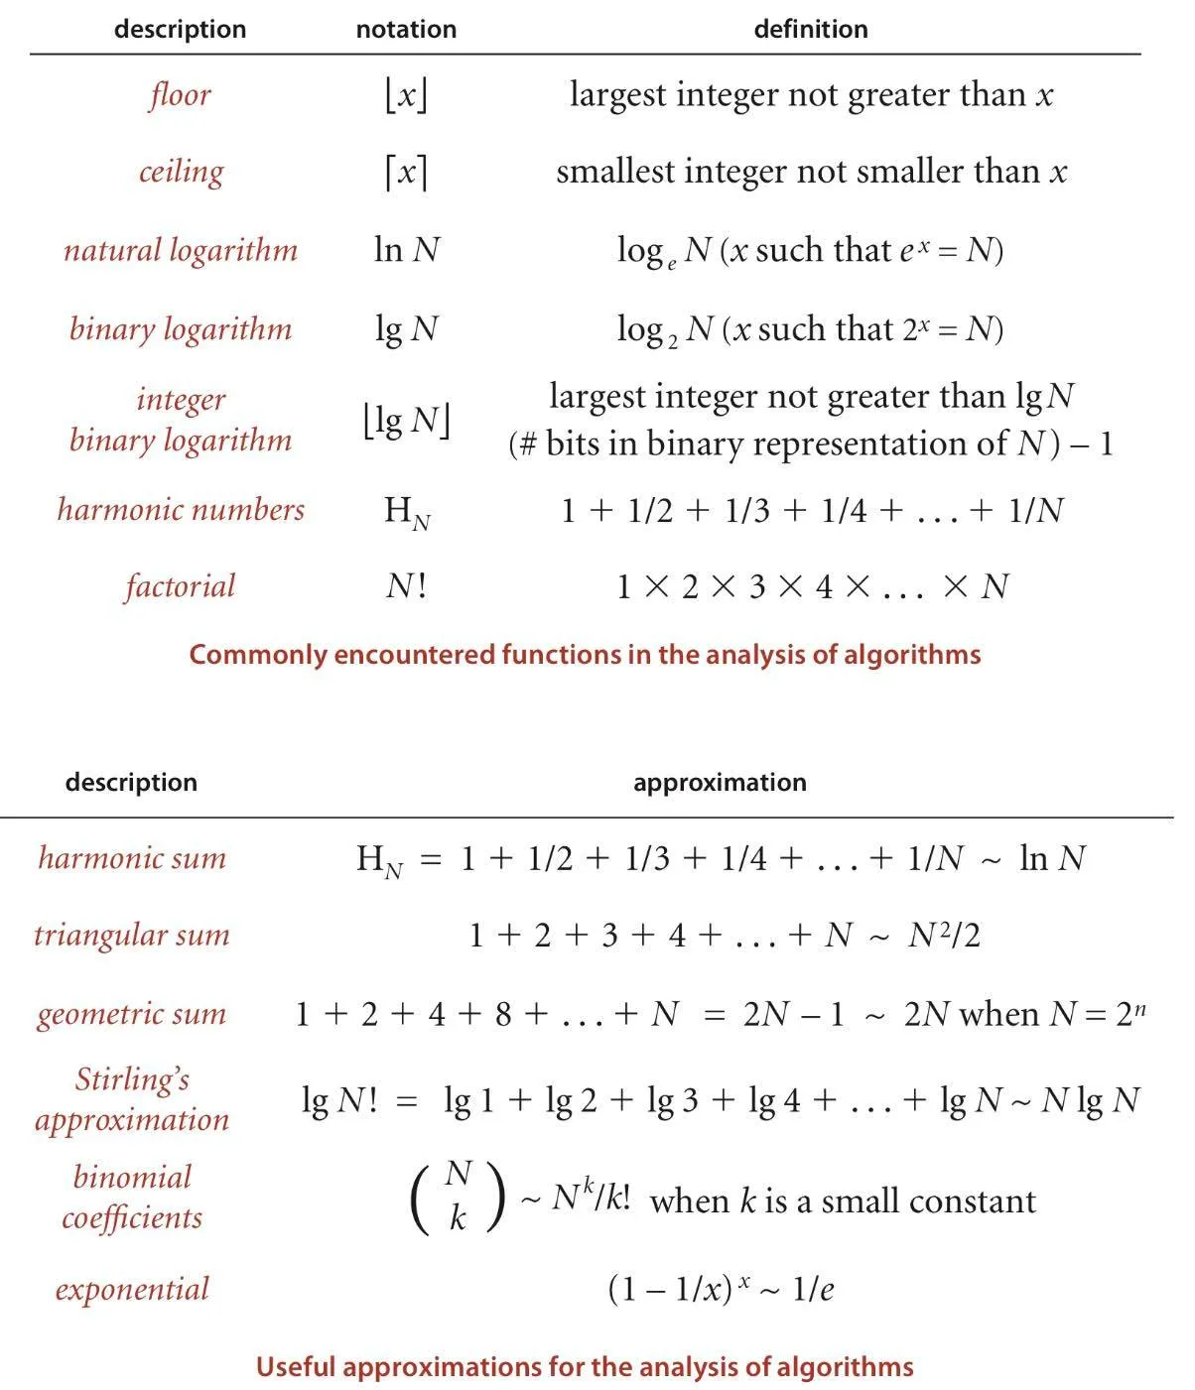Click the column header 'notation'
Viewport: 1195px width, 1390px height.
(406, 30)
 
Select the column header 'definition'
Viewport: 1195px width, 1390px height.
(810, 30)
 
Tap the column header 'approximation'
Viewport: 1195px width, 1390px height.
(720, 783)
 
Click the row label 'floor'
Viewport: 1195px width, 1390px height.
(181, 95)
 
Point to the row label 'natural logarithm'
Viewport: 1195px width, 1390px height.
(181, 250)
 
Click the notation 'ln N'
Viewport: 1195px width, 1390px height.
(406, 250)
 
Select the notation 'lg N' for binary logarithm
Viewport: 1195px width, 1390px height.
(406, 328)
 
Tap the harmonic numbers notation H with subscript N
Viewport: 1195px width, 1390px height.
(406, 511)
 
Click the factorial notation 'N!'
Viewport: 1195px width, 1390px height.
(406, 586)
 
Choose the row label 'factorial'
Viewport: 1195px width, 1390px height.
(181, 586)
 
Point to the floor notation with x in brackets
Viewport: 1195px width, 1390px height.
(406, 95)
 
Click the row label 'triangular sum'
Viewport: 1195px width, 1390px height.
(131, 936)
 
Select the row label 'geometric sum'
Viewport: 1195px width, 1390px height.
(131, 1014)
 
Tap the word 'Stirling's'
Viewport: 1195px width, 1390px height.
(132, 1079)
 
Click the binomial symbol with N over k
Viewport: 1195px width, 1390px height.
(458, 1197)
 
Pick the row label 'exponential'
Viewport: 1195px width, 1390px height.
(132, 1289)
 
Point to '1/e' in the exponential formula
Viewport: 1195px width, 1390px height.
(813, 1290)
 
